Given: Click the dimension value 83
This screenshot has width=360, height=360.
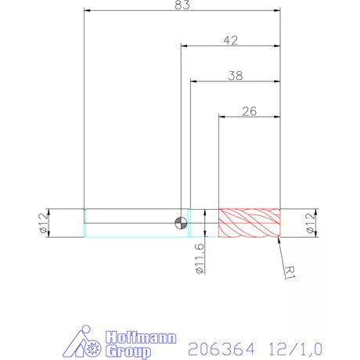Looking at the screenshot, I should coord(182,5).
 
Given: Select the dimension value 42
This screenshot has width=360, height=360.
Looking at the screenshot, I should coord(230,39).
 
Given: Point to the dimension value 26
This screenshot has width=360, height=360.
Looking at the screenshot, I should coord(249,110).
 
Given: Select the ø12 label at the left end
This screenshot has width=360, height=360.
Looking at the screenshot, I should coord(43,222).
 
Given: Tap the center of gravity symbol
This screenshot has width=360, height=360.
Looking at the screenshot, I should coord(182,222).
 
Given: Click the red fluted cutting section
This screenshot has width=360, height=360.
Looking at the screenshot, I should coord(249,222).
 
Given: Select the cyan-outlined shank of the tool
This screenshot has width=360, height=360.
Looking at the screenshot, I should coord(129,222).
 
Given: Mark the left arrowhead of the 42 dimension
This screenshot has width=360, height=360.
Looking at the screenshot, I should coord(185,45).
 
